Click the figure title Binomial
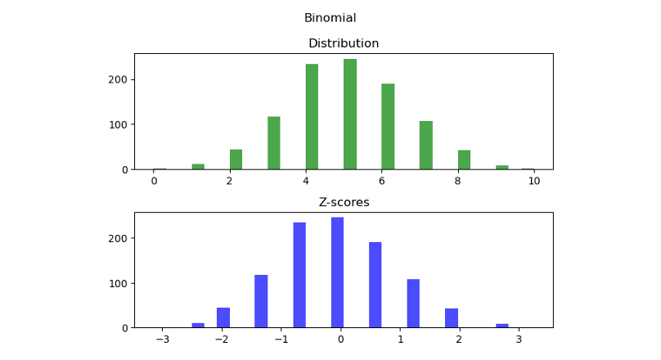330,18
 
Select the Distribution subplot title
343,43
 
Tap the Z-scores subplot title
343,202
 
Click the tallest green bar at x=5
350,115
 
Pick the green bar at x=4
312,117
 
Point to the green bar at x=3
274,143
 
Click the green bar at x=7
426,146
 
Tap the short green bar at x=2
236,160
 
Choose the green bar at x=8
464,160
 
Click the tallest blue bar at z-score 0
337,272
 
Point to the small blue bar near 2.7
502,326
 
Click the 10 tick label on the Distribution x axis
533,182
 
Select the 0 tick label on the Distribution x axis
154,182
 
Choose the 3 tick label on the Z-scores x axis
518,340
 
